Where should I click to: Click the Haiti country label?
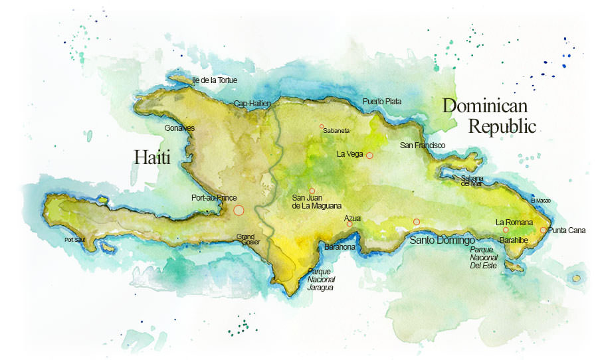[152, 157]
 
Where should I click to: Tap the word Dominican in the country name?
[485, 106]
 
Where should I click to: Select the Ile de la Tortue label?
[214, 80]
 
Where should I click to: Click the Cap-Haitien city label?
[252, 104]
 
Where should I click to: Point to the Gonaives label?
[179, 128]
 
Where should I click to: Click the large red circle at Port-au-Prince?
[239, 210]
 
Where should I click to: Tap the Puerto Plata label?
[381, 102]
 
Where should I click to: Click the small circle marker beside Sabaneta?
[322, 126]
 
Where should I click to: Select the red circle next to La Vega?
[369, 155]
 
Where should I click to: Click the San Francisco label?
[422, 145]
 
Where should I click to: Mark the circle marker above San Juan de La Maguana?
[312, 191]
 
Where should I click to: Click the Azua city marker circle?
[349, 224]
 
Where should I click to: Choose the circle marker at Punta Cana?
[543, 230]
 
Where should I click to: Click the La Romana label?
[514, 222]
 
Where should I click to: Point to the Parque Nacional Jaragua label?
[320, 280]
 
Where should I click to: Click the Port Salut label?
[74, 240]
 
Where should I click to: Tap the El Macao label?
[541, 201]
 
